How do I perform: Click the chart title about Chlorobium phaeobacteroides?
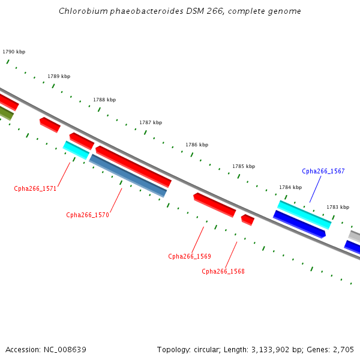(x=180, y=11)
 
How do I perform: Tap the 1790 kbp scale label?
(x=14, y=52)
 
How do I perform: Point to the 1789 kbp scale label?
(x=59, y=76)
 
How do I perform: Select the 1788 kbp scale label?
(x=104, y=100)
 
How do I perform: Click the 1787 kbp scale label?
(x=151, y=122)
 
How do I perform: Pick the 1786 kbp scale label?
(x=197, y=145)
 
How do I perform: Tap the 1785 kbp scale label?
(x=244, y=166)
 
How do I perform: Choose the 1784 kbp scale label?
(x=290, y=187)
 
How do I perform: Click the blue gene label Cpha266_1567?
(x=323, y=171)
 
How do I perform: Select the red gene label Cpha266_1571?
(x=35, y=188)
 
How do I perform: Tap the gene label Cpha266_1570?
(x=88, y=215)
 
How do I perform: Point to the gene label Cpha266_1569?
(x=190, y=256)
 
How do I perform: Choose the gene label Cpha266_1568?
(x=223, y=271)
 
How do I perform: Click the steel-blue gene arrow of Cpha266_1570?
(x=128, y=176)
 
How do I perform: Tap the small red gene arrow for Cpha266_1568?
(x=248, y=220)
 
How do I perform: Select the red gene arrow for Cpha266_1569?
(x=214, y=205)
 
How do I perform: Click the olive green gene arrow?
(x=5, y=113)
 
